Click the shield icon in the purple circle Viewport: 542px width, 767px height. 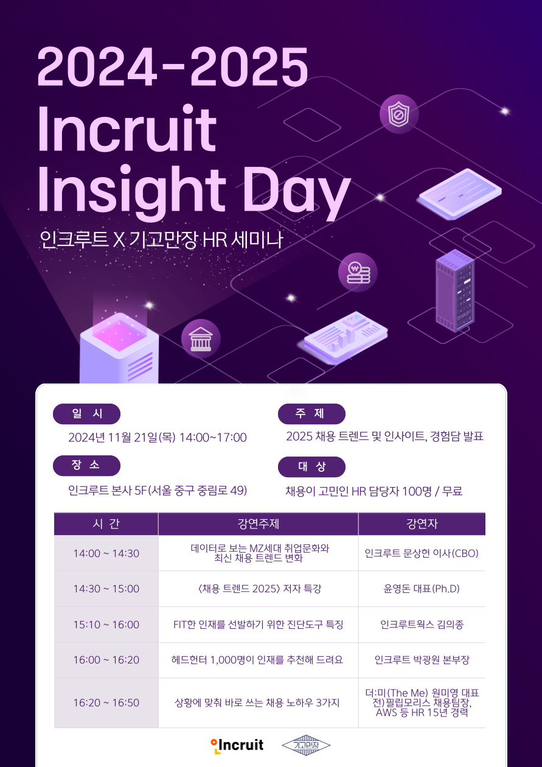pos(399,114)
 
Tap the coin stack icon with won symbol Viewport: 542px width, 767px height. pos(358,272)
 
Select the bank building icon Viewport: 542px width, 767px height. pos(201,338)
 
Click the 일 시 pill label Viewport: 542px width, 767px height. pos(87,414)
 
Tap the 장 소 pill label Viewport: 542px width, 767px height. pos(87,466)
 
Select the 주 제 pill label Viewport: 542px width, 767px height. pos(311,414)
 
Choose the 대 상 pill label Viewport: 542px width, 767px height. pos(311,467)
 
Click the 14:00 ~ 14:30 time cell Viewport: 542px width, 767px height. pos(106,553)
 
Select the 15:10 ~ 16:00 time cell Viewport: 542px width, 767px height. pos(106,625)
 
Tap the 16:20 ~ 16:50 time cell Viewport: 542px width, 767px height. pos(106,702)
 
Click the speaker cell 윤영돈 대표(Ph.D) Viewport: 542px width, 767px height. pos(422,589)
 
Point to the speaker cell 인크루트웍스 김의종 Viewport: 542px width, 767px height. pos(422,625)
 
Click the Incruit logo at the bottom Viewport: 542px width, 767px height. pos(237,744)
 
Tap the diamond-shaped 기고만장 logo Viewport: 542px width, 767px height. pos(306,745)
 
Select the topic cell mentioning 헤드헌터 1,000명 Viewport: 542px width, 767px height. pos(258,660)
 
